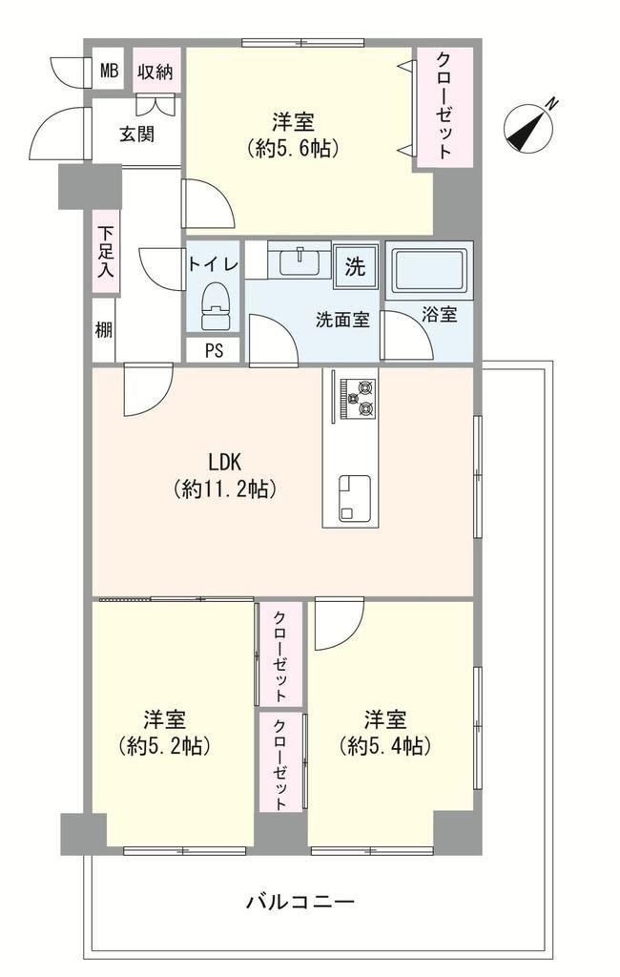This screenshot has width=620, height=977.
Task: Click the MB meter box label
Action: click(109, 71)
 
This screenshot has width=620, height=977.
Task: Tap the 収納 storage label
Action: click(155, 72)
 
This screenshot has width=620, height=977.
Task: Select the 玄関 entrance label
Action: click(137, 134)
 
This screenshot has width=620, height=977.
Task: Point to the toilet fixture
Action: click(216, 306)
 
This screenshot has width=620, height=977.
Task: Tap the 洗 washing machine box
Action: click(355, 267)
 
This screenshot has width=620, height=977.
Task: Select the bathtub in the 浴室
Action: click(428, 270)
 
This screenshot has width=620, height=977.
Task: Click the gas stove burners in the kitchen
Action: click(358, 399)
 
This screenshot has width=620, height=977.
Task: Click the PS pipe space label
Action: click(214, 351)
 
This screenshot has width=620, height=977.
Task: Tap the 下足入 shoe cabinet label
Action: click(106, 252)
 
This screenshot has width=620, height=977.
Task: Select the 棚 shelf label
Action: click(103, 329)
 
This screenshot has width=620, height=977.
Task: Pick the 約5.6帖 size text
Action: click(293, 148)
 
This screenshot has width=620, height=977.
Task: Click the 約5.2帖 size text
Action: click(164, 746)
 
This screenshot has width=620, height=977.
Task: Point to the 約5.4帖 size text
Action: click(385, 746)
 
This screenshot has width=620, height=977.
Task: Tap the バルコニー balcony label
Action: click(301, 902)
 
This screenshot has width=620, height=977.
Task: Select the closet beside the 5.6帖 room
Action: click(444, 107)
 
